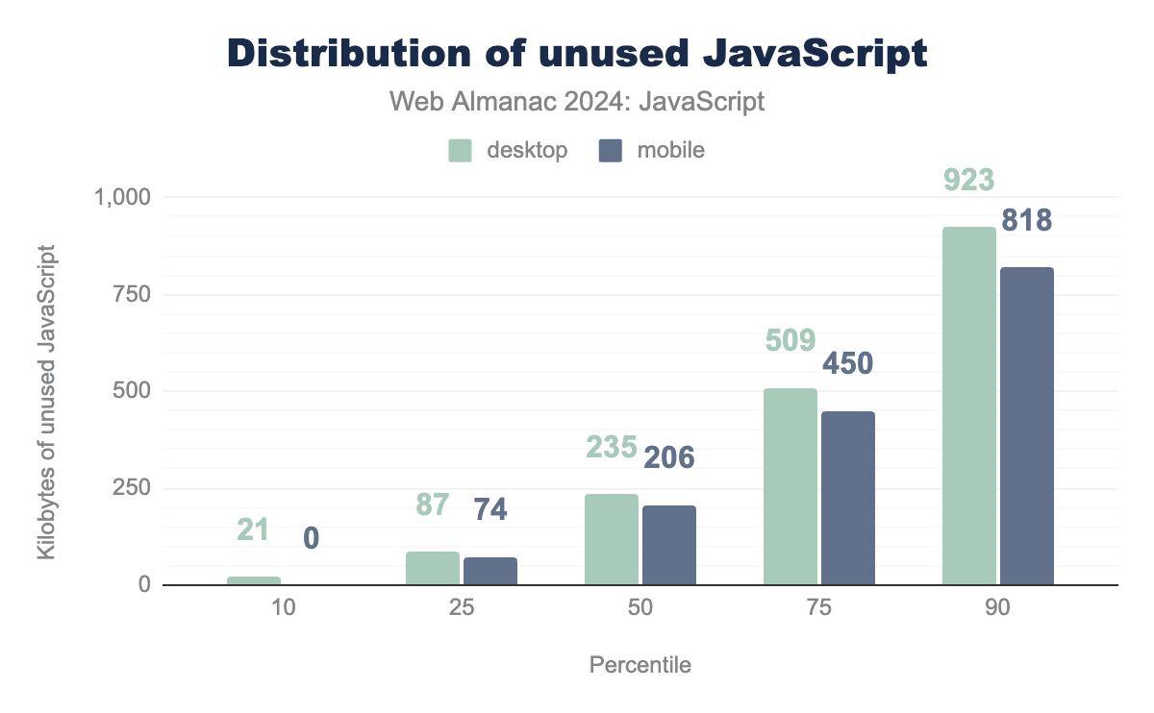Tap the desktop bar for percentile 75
pos(790,486)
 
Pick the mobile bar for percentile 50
pos(668,545)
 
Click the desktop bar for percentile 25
pos(432,568)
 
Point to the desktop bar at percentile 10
pos(253,580)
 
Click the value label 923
pos(968,181)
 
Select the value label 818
pos(1026,221)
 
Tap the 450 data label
pos(847,364)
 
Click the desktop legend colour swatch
pos(461,150)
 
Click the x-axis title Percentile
pos(640,665)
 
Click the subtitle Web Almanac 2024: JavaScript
pos(577,102)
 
